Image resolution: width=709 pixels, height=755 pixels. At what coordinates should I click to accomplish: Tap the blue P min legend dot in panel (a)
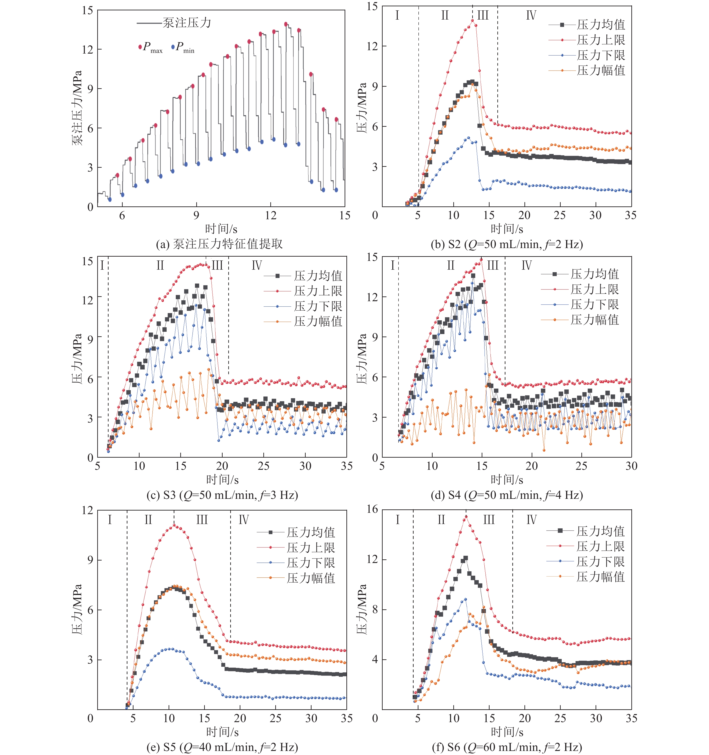pos(173,47)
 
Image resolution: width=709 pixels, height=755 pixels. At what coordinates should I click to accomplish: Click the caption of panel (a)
pos(219,244)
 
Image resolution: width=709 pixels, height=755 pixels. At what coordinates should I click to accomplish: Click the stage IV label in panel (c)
pos(257,265)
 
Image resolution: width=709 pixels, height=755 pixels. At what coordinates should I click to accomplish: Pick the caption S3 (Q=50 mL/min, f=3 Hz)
pos(222,495)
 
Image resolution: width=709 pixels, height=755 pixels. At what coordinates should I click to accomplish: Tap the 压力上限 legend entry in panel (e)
pos(311,548)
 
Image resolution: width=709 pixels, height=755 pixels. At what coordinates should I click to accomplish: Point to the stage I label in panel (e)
pos(110,520)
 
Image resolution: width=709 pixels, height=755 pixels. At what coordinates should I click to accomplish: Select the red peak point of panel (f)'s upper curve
pos(466,516)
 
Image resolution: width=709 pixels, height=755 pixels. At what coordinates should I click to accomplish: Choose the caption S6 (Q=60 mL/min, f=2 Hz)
pos(507,747)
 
